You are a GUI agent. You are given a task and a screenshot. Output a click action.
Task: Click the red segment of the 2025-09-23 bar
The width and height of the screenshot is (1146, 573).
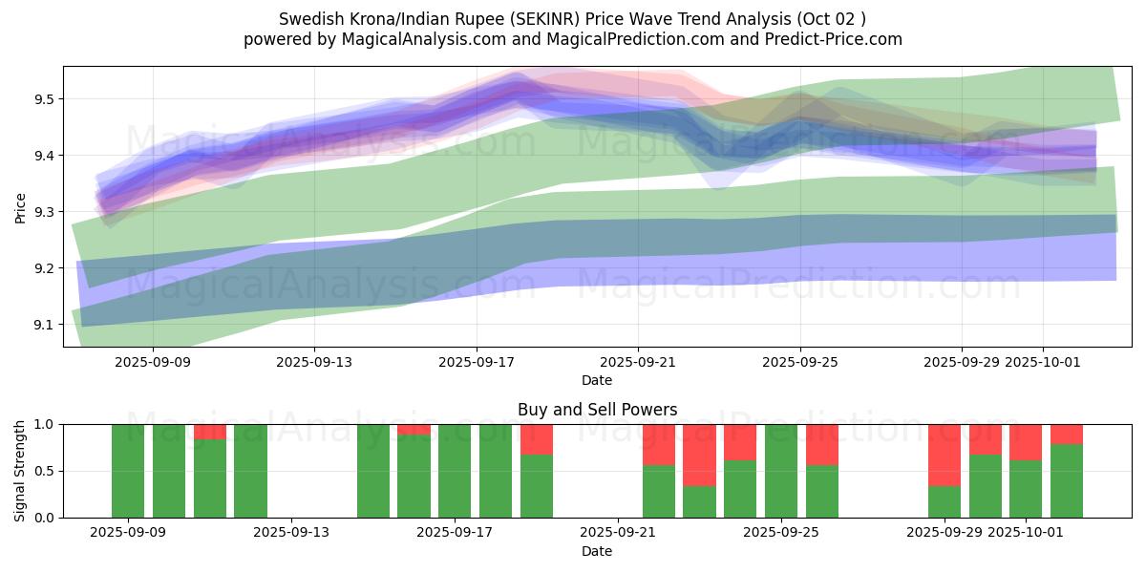699,455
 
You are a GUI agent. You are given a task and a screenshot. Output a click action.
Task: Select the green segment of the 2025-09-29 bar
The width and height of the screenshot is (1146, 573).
944,501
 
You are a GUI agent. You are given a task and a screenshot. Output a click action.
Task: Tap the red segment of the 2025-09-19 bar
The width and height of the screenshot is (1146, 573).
537,439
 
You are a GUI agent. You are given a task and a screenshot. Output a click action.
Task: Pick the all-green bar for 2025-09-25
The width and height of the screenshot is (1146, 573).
781,471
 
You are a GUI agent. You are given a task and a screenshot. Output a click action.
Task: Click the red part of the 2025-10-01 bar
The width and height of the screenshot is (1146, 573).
1026,442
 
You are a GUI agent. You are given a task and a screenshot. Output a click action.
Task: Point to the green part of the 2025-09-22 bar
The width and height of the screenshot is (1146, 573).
659,491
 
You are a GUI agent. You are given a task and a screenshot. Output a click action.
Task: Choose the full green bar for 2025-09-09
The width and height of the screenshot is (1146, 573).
128,471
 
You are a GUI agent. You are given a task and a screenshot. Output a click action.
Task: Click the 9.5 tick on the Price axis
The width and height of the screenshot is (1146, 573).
44,99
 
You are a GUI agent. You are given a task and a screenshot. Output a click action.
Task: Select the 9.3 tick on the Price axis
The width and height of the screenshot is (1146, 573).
44,212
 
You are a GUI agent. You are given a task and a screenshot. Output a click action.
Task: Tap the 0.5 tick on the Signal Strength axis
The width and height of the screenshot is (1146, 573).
44,471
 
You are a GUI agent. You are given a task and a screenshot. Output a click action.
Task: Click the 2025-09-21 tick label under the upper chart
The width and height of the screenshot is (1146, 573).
638,363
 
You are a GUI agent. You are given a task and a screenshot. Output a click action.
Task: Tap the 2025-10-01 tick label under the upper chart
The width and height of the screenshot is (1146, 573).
1043,363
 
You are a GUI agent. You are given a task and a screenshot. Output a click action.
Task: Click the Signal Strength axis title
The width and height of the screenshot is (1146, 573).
20,471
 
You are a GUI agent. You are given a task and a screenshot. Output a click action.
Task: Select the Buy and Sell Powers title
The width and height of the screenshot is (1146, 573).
597,410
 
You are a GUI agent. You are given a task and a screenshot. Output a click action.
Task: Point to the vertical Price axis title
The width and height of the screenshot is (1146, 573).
20,206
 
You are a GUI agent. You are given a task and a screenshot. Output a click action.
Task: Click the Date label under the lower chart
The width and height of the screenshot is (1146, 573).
597,551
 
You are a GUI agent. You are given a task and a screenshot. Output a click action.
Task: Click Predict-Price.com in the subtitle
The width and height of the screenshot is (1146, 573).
837,39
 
